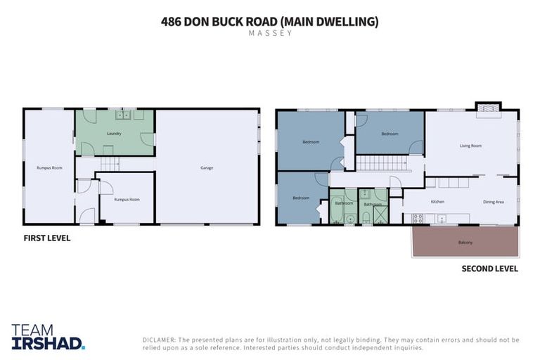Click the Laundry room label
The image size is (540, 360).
pyautogui.click(x=115, y=134)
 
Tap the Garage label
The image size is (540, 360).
pyautogui.click(x=206, y=167)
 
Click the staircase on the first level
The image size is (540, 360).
pyautogui.click(x=109, y=164)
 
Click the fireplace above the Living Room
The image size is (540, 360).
pyautogui.click(x=488, y=108)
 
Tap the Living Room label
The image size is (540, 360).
pyautogui.click(x=470, y=146)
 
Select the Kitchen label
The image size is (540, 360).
pyautogui.click(x=437, y=202)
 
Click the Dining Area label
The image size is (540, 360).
pyautogui.click(x=493, y=202)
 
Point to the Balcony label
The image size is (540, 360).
pyautogui.click(x=465, y=243)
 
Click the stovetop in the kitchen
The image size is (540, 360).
pyautogui.click(x=418, y=219)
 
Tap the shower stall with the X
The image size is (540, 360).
pyautogui.click(x=380, y=215)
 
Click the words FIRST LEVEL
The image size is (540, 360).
pyautogui.click(x=47, y=238)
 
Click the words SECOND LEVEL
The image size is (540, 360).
pyautogui.click(x=489, y=269)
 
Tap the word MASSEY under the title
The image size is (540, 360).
pyautogui.click(x=270, y=33)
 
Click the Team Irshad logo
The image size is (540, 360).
pyautogui.click(x=48, y=337)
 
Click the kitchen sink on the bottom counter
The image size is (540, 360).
pyautogui.click(x=442, y=219)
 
